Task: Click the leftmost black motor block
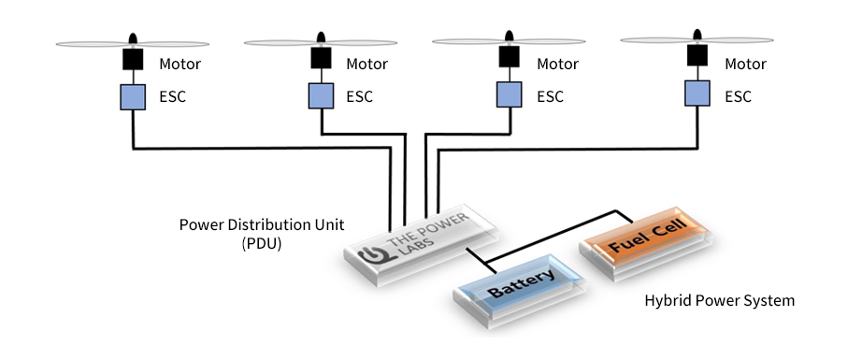pyautogui.click(x=133, y=59)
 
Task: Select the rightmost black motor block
pyautogui.click(x=697, y=55)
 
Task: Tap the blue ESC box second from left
pyautogui.click(x=321, y=95)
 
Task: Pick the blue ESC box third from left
pyautogui.click(x=509, y=94)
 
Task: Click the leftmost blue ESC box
pyautogui.click(x=133, y=97)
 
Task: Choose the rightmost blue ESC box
pyautogui.click(x=697, y=93)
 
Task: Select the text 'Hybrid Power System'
pyautogui.click(x=720, y=301)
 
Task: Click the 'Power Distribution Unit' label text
pyautogui.click(x=262, y=225)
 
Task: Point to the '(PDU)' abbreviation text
pyautogui.click(x=262, y=244)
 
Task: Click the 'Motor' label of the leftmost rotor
pyautogui.click(x=180, y=65)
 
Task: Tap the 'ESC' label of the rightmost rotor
pyautogui.click(x=738, y=96)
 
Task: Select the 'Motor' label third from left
pyautogui.click(x=557, y=65)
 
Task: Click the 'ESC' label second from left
pyautogui.click(x=360, y=96)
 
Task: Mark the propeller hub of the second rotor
pyautogui.click(x=321, y=38)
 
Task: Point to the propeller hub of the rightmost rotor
pyautogui.click(x=697, y=36)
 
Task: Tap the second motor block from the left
pyautogui.click(x=321, y=58)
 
